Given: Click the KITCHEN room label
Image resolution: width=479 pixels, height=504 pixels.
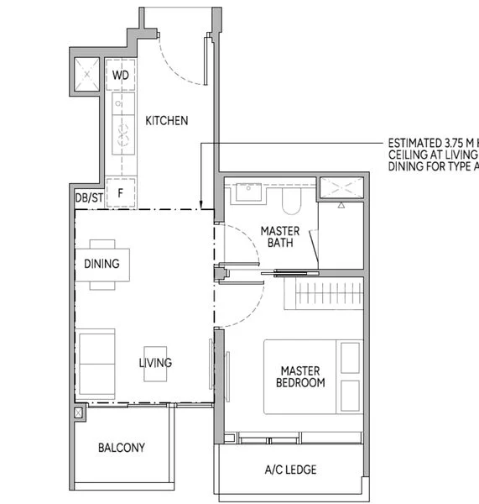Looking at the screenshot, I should [x=167, y=121].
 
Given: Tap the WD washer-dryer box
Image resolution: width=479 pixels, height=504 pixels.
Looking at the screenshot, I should [x=121, y=75].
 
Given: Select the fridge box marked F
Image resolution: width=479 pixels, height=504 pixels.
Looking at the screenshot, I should [x=121, y=192].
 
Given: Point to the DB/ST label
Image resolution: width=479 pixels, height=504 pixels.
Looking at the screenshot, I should [x=89, y=197].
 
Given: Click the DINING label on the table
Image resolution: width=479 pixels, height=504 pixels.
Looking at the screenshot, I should [x=102, y=264].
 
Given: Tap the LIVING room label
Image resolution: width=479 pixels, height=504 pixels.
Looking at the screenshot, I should [x=155, y=363].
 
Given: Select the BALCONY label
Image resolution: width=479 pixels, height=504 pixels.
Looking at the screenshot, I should [x=121, y=448].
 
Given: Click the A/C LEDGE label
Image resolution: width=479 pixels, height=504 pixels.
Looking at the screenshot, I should [x=289, y=470].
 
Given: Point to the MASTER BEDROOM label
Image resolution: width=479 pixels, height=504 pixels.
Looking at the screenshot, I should [x=302, y=376].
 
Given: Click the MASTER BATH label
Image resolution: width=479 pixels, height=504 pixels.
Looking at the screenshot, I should [x=280, y=237].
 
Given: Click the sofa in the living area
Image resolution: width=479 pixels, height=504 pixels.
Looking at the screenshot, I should [x=96, y=363].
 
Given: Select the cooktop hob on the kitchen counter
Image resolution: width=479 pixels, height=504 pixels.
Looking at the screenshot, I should [x=121, y=135].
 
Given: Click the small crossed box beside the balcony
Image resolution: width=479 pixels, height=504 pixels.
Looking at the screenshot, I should [x=80, y=413].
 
